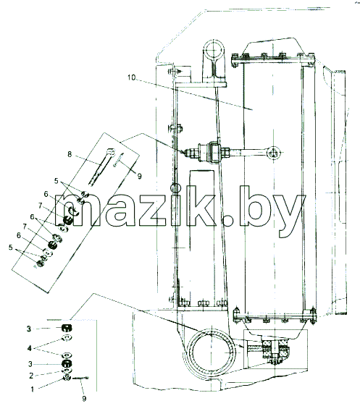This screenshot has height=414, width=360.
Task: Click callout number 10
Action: pos(131,77)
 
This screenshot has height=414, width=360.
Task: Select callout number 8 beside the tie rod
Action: pos(70,154)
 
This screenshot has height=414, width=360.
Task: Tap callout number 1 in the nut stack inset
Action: pos(33,389)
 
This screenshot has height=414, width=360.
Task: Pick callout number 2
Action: pos(31,376)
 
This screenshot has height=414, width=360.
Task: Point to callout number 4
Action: pos(30,348)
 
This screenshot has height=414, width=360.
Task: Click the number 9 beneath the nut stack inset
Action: pos(84,398)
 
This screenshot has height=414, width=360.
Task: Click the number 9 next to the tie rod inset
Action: pos(139,176)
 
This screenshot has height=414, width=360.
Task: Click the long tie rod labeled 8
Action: pos(101,167)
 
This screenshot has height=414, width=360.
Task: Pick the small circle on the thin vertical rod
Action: pos(176,188)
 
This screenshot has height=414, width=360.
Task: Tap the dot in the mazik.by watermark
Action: pos(227,220)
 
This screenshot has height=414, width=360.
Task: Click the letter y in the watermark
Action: pos(290,216)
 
